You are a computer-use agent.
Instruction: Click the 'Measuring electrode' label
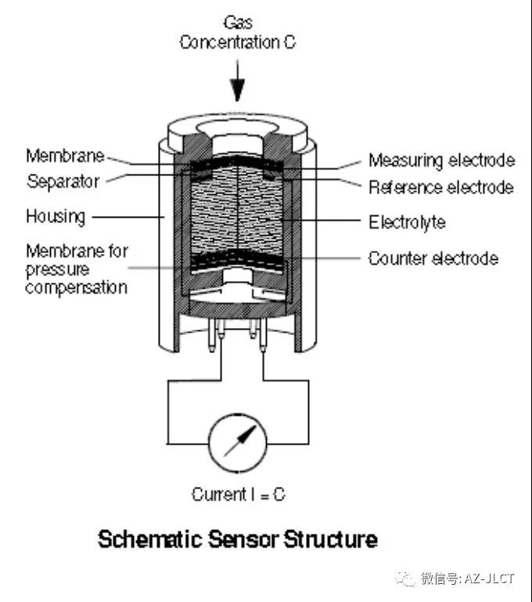click(x=441, y=160)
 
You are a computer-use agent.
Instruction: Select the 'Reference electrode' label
click(x=440, y=187)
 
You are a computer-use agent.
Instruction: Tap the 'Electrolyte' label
click(x=407, y=222)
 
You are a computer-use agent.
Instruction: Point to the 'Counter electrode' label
click(x=433, y=258)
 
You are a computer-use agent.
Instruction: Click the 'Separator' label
click(x=63, y=182)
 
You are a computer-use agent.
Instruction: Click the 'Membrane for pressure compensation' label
click(x=76, y=269)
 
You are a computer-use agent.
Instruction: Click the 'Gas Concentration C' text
click(x=238, y=33)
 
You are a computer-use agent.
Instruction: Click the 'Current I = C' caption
click(x=238, y=495)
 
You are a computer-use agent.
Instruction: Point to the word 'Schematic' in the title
click(x=145, y=540)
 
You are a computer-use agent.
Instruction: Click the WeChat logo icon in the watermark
click(x=405, y=579)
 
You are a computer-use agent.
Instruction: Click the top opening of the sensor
click(x=238, y=127)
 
